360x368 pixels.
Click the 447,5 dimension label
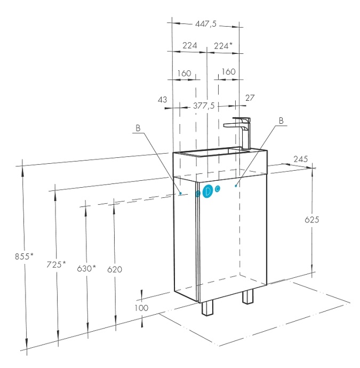[206, 23]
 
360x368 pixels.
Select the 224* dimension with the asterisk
[223, 45]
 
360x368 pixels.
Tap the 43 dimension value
[162, 100]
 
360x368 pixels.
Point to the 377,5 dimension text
[204, 106]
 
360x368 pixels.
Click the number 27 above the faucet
[250, 98]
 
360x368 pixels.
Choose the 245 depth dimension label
[301, 159]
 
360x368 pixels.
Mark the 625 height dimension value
[312, 220]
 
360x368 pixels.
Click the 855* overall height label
[24, 257]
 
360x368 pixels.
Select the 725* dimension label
[56, 265]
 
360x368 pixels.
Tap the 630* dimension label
[86, 268]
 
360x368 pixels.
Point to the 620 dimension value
[115, 269]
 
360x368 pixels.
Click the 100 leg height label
[141, 308]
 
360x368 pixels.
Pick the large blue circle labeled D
[207, 191]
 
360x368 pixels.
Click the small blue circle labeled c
[218, 188]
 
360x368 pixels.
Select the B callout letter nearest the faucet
[281, 121]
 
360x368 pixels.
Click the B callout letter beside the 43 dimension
[138, 128]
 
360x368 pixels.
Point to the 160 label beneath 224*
[229, 71]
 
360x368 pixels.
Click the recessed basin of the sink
[206, 152]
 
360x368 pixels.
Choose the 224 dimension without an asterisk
[190, 45]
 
